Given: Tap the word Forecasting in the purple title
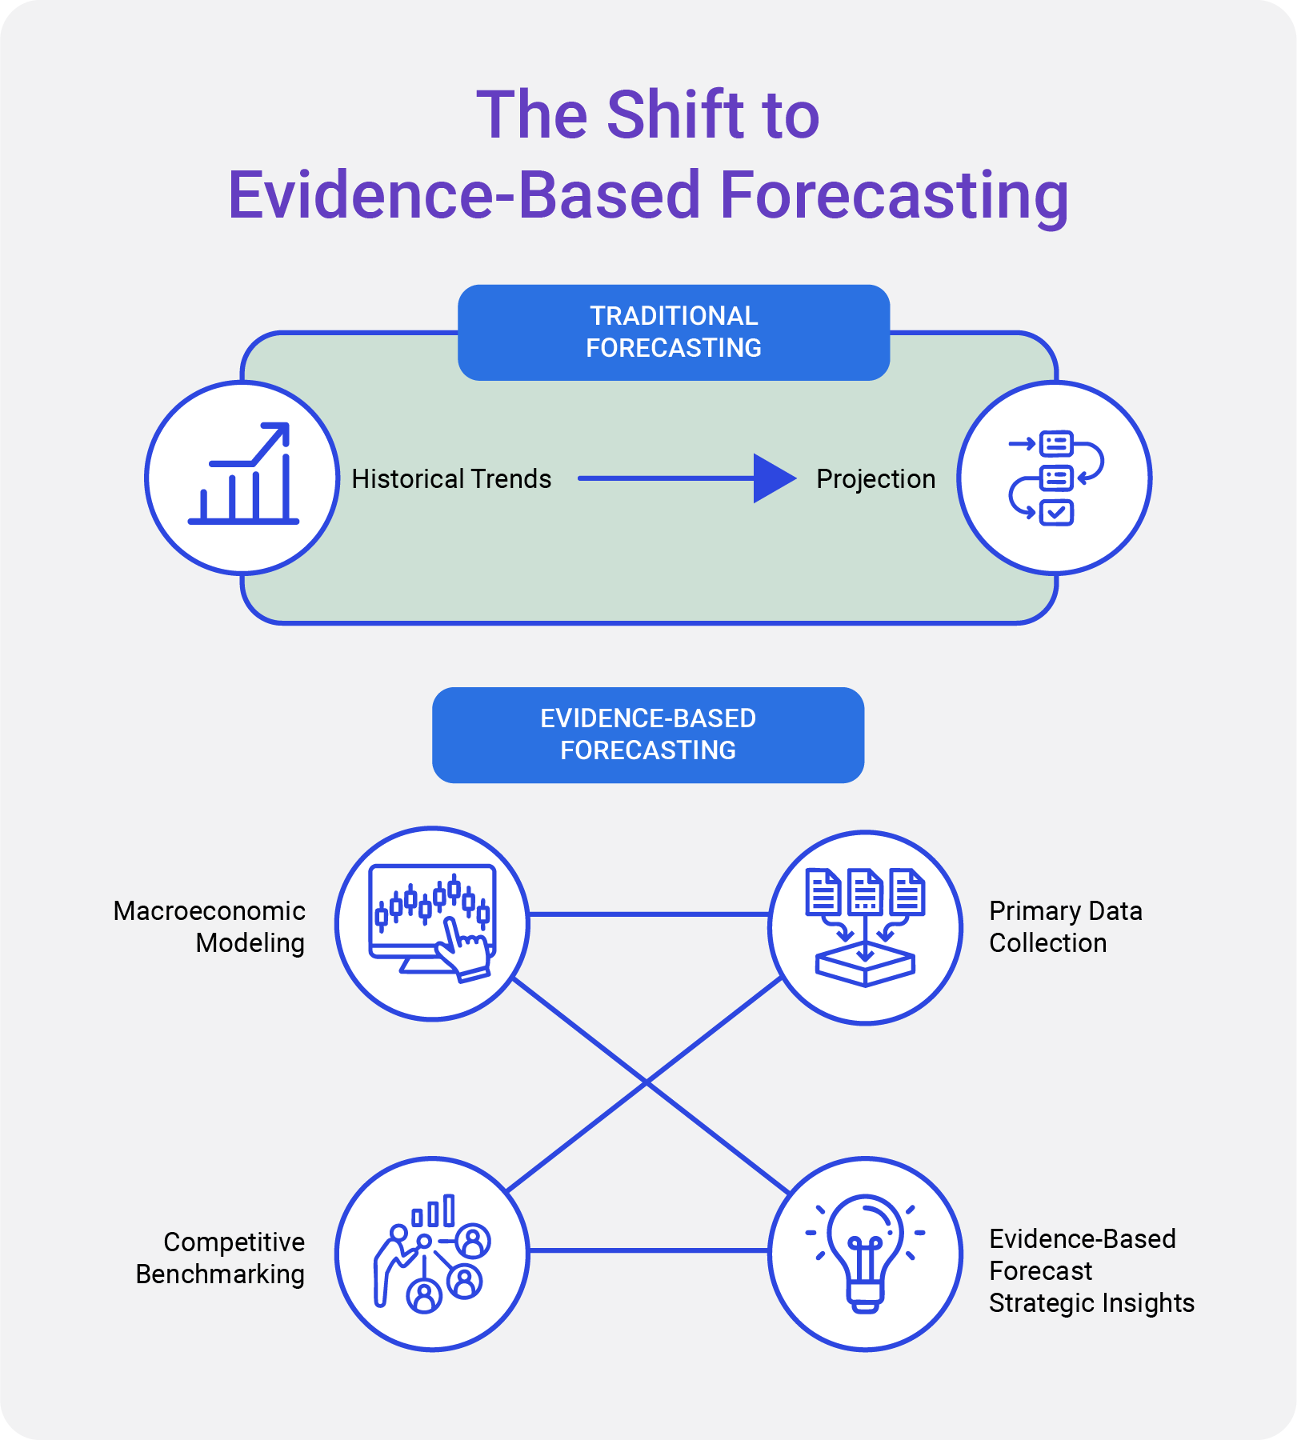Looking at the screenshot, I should (x=894, y=195).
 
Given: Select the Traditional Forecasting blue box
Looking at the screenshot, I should (x=674, y=332).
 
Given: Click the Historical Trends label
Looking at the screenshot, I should (x=451, y=479).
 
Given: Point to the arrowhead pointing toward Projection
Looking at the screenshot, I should (x=774, y=478).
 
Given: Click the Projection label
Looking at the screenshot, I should (x=875, y=479).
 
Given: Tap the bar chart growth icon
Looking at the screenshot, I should (x=243, y=476).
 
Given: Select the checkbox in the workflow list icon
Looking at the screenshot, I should (x=1056, y=512).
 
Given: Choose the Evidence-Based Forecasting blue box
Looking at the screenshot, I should (x=648, y=734).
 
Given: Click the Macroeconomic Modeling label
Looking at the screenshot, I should (x=210, y=927).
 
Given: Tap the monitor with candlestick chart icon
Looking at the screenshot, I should (x=432, y=920).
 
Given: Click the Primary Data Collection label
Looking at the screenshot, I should (x=1065, y=927).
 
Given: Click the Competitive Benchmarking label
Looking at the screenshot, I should (x=221, y=1258).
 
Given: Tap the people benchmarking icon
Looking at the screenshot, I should (x=432, y=1254).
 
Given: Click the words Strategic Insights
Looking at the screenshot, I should (x=1091, y=1303).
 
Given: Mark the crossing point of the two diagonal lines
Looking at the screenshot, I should (x=646, y=1082).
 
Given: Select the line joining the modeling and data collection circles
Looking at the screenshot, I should (x=648, y=914).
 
